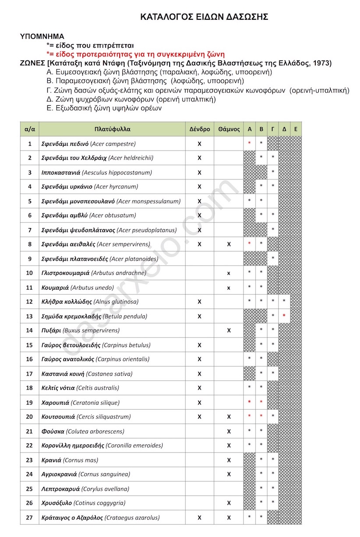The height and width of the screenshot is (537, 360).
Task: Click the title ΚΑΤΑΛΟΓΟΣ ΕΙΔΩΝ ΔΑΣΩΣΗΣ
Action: pos(204,17)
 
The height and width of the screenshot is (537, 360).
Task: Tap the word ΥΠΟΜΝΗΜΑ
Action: pos(42,36)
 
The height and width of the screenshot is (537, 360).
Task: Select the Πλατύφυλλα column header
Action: pos(112,129)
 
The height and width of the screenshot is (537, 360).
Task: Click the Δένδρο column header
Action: pos(200,129)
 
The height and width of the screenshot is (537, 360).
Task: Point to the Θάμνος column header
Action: pos(228,129)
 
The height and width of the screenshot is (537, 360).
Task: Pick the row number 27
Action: pos(29,518)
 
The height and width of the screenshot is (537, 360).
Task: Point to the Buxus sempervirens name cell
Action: pos(80,330)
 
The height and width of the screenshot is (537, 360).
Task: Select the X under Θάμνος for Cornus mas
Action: pos(228,460)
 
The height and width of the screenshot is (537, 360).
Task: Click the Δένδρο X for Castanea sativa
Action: pos(200,374)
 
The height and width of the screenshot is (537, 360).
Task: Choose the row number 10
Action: pos(29,273)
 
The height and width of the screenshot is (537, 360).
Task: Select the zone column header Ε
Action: pos(296,129)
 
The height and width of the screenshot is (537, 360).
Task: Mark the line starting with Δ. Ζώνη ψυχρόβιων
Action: pos(131,99)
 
